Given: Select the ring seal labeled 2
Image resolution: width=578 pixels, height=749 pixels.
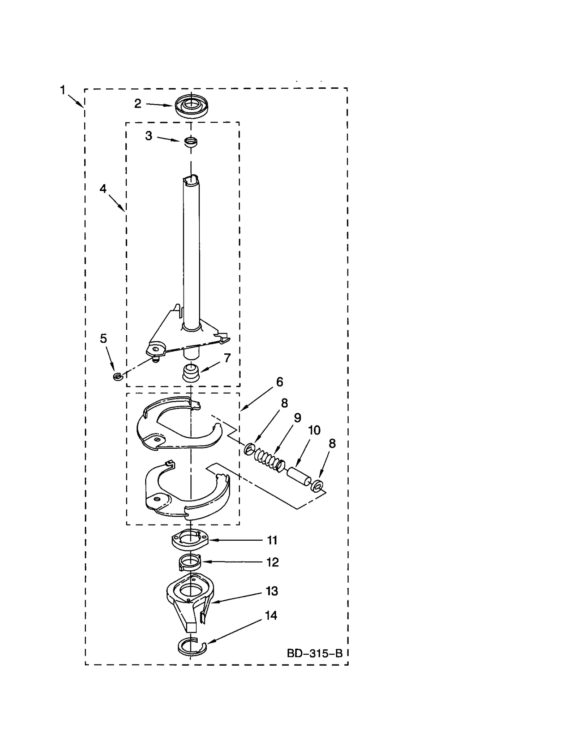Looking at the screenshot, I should tap(192, 105).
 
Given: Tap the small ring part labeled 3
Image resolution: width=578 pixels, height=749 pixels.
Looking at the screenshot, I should tap(191, 141).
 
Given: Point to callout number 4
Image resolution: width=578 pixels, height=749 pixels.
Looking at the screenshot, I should tap(103, 188).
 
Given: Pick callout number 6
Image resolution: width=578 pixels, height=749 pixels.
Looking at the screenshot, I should tap(280, 382).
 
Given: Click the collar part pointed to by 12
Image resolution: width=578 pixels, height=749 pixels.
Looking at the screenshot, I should tap(189, 562).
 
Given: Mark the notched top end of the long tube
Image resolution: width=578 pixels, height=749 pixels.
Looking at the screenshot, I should tap(191, 179).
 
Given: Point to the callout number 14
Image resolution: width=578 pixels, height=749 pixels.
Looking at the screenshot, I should tap(271, 615).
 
